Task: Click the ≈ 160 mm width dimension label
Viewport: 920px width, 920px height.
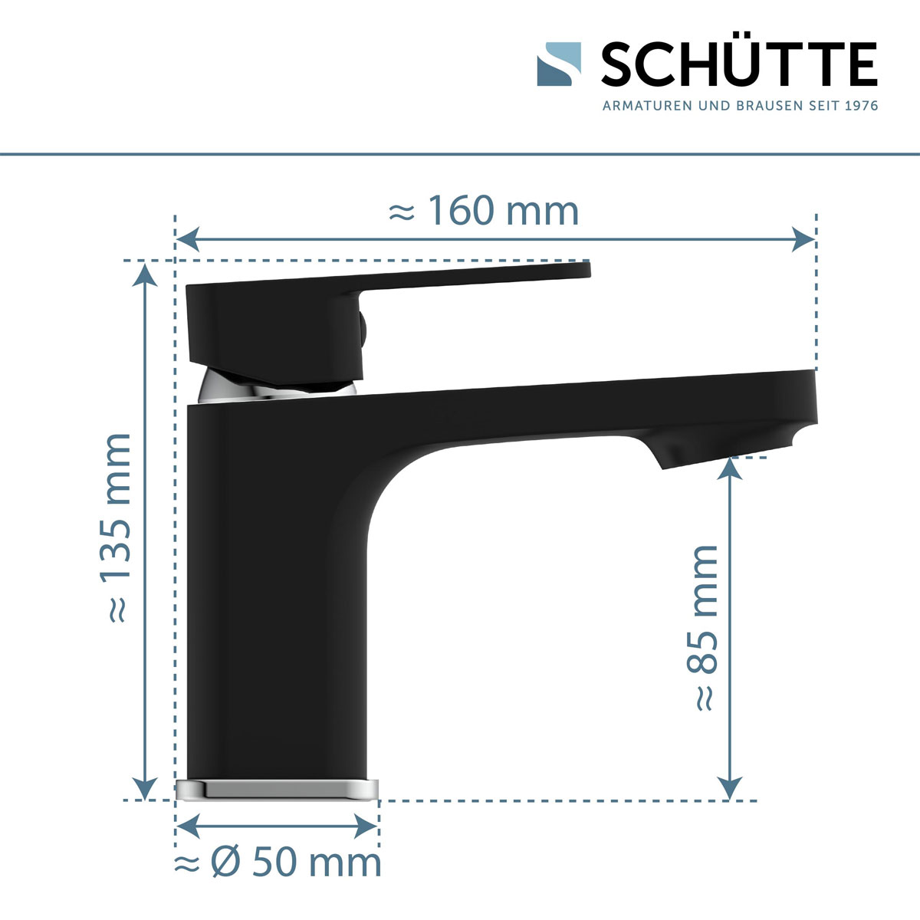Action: click(484, 211)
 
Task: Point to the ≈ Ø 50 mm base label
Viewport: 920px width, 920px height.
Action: click(278, 863)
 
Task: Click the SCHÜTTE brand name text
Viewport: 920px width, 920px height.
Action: click(738, 64)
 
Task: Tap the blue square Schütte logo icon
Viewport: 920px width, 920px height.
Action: click(559, 64)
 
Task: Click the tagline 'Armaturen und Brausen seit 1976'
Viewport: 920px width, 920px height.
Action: click(740, 105)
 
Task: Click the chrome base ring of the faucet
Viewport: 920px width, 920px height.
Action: click(278, 789)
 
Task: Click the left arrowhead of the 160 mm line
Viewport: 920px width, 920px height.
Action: click(188, 240)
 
